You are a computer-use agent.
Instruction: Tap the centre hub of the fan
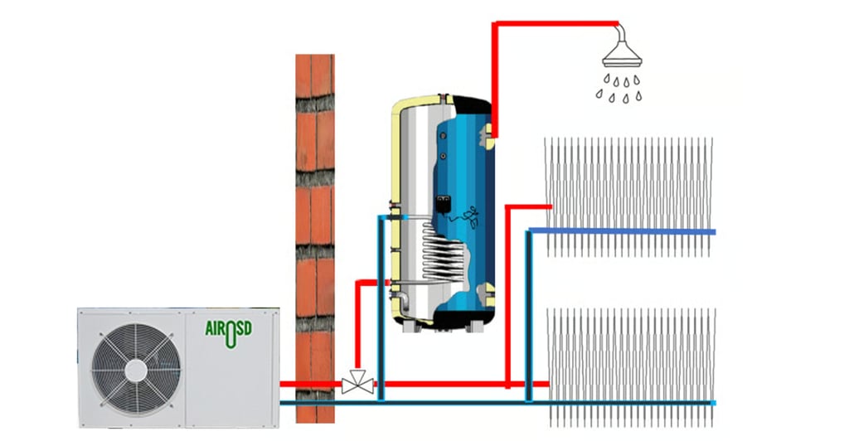tap(135, 366)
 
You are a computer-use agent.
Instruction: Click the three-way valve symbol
tap(357, 385)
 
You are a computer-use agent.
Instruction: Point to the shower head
tap(621, 54)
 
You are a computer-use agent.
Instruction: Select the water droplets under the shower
tap(619, 88)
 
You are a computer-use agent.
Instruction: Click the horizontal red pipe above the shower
tap(555, 22)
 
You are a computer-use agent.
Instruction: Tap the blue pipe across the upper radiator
tap(630, 231)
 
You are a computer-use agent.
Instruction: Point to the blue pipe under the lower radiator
tap(630, 404)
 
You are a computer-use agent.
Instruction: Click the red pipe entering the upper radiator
tap(531, 206)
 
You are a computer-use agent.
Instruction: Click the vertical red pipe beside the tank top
tap(494, 75)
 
